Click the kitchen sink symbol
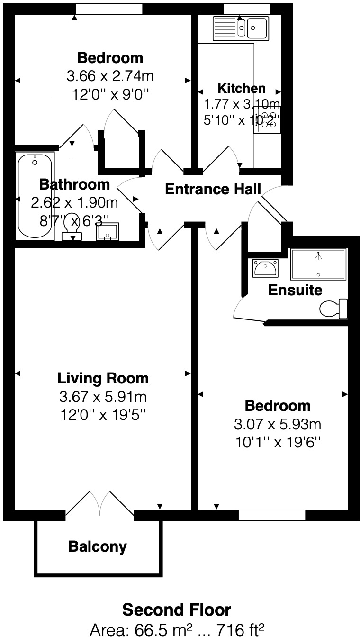click(x=241, y=27)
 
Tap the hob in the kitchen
click(x=267, y=119)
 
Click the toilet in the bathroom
click(x=72, y=227)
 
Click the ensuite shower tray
click(x=319, y=264)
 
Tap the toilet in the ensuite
click(x=334, y=309)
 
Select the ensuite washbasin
click(x=265, y=269)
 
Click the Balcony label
click(x=98, y=546)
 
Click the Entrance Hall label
click(x=213, y=189)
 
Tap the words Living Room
click(x=103, y=378)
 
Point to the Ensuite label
click(x=295, y=290)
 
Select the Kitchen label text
click(x=241, y=88)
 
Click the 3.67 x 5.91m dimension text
click(x=103, y=396)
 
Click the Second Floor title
click(x=177, y=610)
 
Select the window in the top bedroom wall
click(x=109, y=9)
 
